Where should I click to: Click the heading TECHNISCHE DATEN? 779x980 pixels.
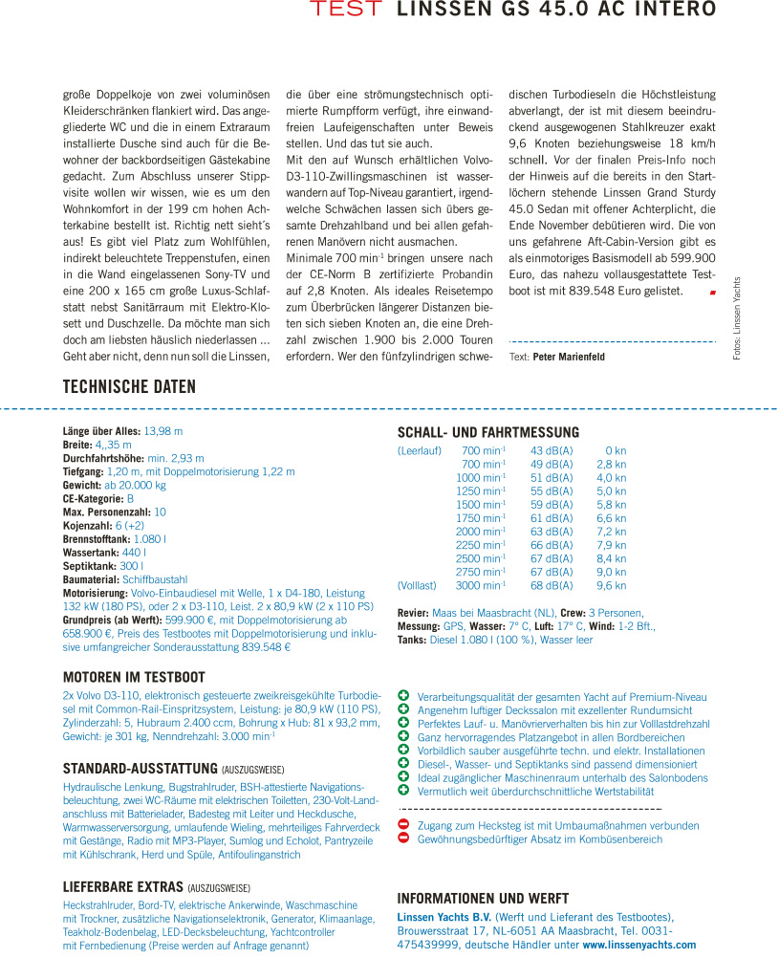(129, 387)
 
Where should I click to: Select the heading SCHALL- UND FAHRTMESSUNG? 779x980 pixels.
(487, 432)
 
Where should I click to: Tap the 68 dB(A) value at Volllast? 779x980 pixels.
(552, 585)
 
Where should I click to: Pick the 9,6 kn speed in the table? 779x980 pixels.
(612, 585)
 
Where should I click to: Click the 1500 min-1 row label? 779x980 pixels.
(481, 505)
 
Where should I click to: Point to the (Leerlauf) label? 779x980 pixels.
(419, 450)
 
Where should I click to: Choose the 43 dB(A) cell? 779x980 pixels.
(552, 450)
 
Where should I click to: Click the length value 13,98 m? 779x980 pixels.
(163, 431)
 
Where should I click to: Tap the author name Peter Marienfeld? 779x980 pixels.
(569, 357)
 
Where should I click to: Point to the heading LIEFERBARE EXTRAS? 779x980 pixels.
(124, 886)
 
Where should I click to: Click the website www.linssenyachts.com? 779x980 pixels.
(639, 945)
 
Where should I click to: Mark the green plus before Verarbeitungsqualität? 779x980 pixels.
(403, 697)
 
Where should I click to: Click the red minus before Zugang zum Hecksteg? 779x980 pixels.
(403, 824)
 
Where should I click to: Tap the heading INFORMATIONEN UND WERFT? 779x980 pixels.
(496, 898)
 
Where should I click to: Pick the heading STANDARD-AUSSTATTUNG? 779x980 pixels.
(140, 768)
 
